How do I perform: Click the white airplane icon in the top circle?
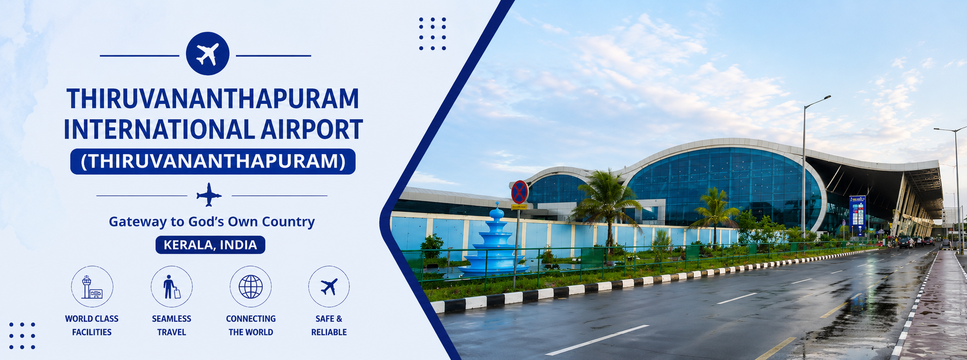point(208,54)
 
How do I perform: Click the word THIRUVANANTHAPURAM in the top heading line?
point(213,98)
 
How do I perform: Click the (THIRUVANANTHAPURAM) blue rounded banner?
point(213,161)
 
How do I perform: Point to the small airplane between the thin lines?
point(209,195)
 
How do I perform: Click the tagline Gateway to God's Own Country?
point(212,221)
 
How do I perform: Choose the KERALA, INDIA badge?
point(210,245)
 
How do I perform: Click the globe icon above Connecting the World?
point(250,287)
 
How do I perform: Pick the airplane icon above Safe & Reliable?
point(329,287)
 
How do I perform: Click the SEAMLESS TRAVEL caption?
point(171,325)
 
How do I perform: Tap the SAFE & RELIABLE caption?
point(329,325)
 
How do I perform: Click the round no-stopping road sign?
point(519,192)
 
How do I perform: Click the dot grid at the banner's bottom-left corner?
point(22,336)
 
